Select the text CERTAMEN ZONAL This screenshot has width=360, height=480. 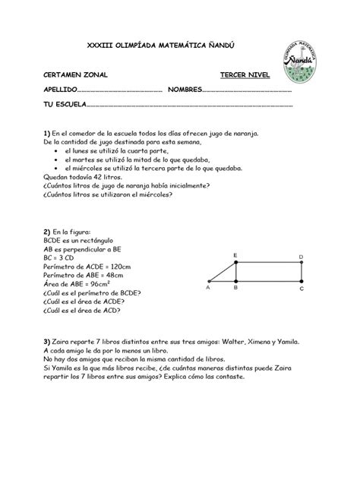(x=75, y=75)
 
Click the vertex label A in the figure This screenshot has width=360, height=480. (x=208, y=289)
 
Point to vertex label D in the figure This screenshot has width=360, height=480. (x=301, y=257)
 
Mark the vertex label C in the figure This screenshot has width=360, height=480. (x=302, y=289)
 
